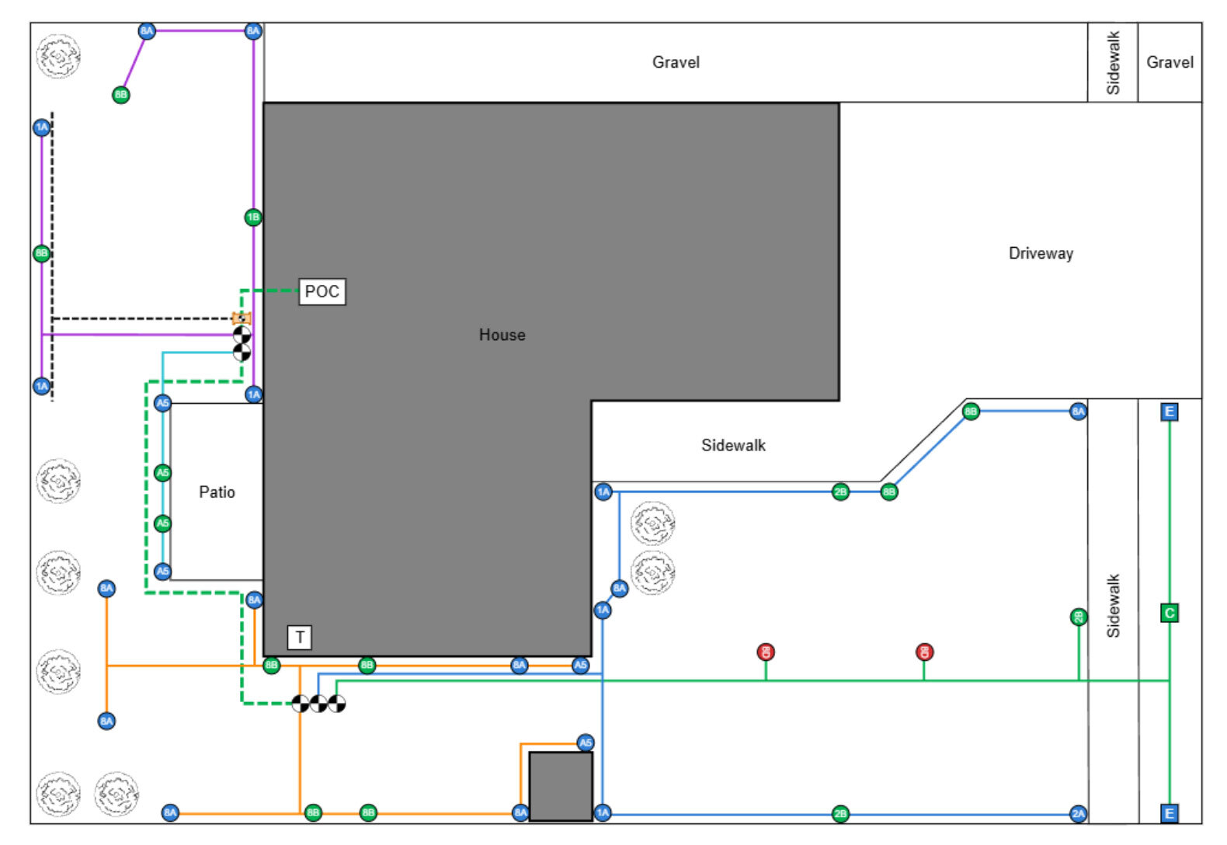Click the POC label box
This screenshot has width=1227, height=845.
(x=322, y=291)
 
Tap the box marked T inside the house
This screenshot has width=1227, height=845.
(x=300, y=638)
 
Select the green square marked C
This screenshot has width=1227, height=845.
(x=1170, y=613)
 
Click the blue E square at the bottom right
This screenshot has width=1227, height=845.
(x=1170, y=813)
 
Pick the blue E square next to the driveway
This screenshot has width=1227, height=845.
(x=1170, y=412)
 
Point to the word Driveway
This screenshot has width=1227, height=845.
(x=1041, y=253)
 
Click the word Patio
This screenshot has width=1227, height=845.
(x=217, y=492)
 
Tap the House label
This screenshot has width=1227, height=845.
(x=502, y=335)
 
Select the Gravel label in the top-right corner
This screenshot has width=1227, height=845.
(x=1170, y=62)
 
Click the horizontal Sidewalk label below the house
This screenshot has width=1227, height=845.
(x=733, y=445)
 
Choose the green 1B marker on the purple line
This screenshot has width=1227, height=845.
(x=253, y=217)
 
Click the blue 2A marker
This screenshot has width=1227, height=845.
(x=1078, y=814)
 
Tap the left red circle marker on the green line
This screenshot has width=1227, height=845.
(x=766, y=652)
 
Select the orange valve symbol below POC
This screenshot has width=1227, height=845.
(x=242, y=318)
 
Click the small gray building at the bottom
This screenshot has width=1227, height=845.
(x=561, y=786)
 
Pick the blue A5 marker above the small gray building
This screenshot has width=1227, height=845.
(x=586, y=742)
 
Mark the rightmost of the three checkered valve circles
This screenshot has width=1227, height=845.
(x=336, y=704)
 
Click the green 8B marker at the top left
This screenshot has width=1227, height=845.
(x=120, y=95)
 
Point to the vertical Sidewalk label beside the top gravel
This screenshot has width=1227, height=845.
(x=1113, y=62)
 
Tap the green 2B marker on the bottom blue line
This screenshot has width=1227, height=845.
(x=840, y=814)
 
